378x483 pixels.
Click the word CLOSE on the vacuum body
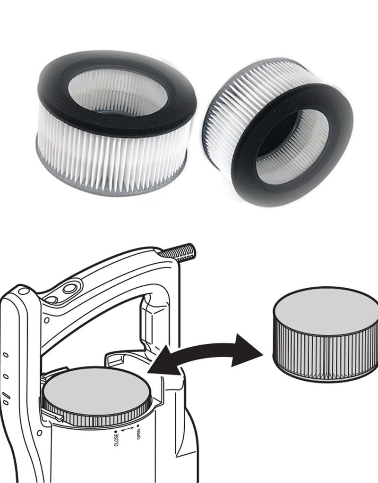point(117,436)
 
